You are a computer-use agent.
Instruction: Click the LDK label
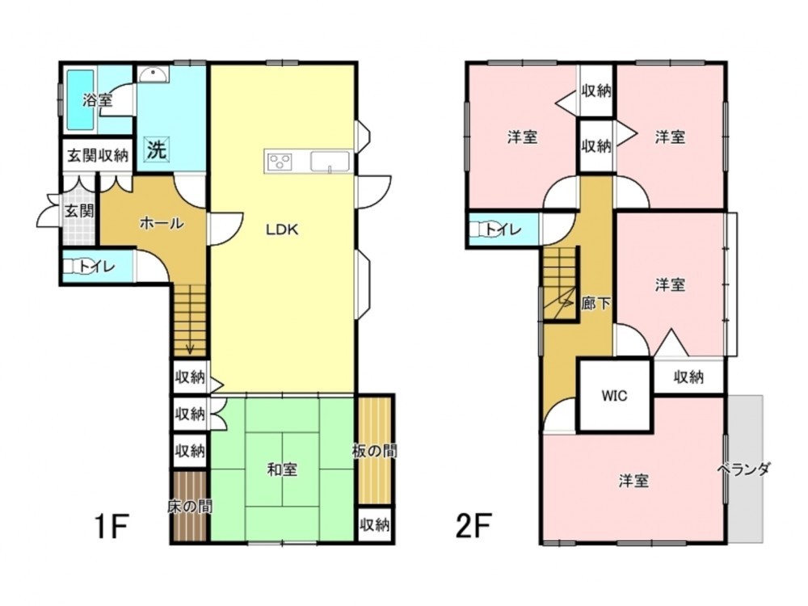(x=282, y=229)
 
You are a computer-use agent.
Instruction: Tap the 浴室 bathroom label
(x=98, y=100)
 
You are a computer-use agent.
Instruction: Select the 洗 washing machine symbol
(x=157, y=149)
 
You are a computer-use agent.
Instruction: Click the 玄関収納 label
(x=98, y=155)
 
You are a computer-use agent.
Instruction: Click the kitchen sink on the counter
(x=330, y=162)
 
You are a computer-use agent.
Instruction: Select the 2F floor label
(x=472, y=526)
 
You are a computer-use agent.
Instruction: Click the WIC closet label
(x=614, y=396)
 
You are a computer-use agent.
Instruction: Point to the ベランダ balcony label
(x=744, y=469)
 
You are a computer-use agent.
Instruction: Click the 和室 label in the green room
(x=282, y=469)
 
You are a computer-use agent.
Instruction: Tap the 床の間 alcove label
(x=190, y=507)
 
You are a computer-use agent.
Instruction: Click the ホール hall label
(x=162, y=224)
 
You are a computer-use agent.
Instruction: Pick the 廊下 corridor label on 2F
(x=596, y=304)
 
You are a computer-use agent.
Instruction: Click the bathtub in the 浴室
(x=80, y=100)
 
